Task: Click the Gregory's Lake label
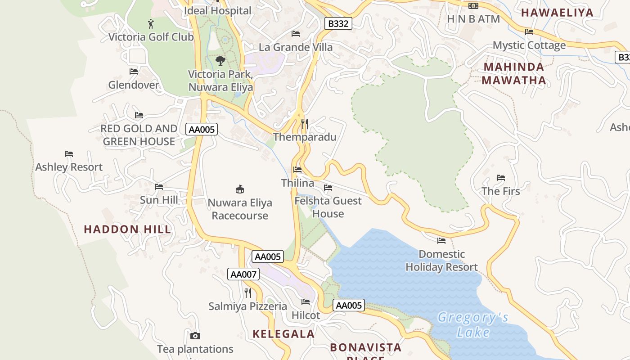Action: tap(473, 325)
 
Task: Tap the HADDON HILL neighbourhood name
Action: tap(127, 229)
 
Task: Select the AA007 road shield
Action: tap(243, 274)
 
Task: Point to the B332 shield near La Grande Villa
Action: tap(338, 23)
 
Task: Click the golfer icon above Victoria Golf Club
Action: tap(151, 23)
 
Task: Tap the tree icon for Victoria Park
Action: tap(220, 60)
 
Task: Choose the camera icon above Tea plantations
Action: tap(195, 336)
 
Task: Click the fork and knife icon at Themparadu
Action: tap(305, 123)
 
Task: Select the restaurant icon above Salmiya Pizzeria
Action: tap(248, 293)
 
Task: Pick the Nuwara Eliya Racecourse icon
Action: tap(239, 189)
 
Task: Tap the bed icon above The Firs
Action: tap(500, 178)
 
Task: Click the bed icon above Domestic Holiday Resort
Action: tap(441, 241)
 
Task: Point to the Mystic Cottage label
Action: tap(529, 45)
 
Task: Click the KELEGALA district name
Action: tap(283, 334)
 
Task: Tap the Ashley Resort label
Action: tap(69, 167)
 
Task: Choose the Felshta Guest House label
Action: tap(328, 207)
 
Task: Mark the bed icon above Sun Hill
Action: tap(158, 187)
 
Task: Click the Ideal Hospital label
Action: tap(218, 10)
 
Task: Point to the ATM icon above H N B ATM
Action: tap(473, 6)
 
